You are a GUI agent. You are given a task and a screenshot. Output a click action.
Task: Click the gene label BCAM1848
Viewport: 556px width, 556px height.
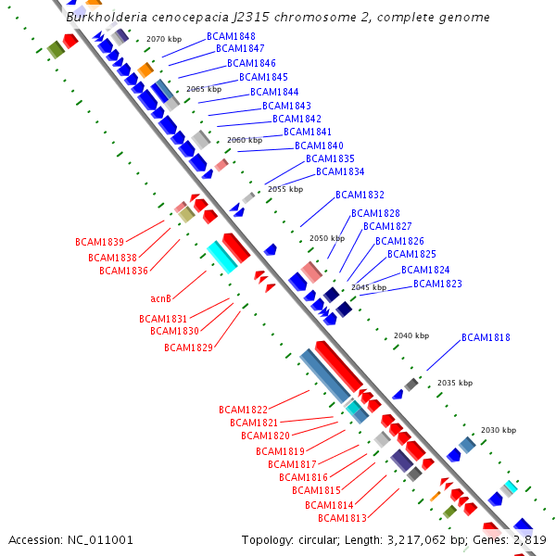tap(235, 36)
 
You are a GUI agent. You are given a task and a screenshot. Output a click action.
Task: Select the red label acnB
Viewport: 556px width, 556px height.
tap(160, 298)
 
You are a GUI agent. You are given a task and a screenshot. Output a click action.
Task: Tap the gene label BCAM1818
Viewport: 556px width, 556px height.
tap(486, 338)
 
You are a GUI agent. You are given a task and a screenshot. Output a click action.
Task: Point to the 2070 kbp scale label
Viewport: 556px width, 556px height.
tap(164, 39)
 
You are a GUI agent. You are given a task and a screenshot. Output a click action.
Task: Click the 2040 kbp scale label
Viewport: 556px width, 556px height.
tap(411, 335)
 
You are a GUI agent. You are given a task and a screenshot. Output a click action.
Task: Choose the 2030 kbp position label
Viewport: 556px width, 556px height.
tap(498, 430)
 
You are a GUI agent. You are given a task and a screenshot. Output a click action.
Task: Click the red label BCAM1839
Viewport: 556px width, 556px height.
tap(99, 242)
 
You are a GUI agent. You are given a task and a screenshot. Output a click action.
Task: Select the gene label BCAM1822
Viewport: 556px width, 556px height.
tap(243, 410)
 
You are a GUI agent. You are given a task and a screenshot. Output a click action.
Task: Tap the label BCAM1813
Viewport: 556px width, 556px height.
tap(342, 518)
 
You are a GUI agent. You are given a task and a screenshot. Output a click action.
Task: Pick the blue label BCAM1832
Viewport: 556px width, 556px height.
tap(360, 196)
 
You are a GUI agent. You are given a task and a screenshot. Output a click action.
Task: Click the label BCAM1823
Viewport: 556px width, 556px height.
tap(437, 284)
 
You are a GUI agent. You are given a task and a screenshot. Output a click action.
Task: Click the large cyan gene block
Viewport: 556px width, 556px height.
tap(222, 257)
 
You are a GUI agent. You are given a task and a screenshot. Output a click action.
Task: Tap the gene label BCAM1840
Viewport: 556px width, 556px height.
tap(319, 146)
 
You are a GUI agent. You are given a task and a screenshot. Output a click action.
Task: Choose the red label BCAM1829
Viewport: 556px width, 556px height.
tap(188, 347)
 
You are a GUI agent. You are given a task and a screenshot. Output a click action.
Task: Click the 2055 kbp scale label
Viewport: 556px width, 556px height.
tap(285, 189)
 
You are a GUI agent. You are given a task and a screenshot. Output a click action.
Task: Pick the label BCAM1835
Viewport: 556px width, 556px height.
tap(330, 159)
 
